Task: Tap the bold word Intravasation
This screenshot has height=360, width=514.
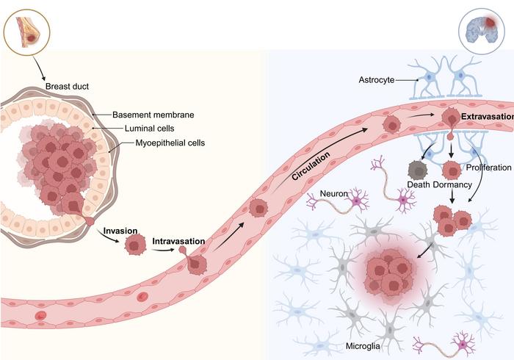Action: (x=178, y=240)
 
